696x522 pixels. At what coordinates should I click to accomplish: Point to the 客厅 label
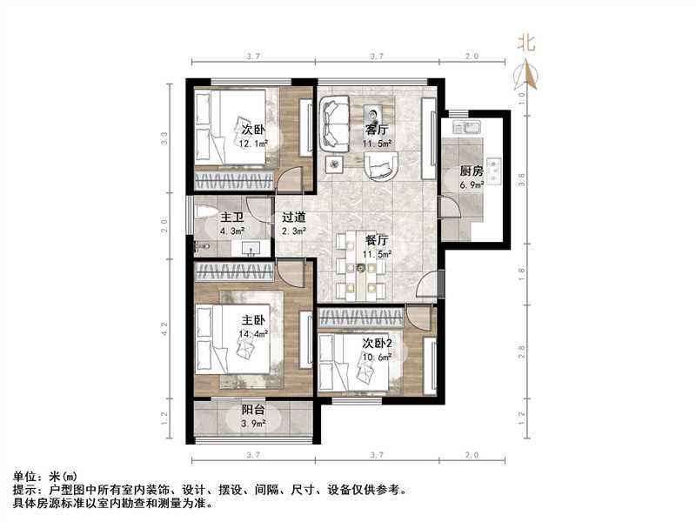(x=378, y=130)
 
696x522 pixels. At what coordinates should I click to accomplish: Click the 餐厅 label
(x=377, y=240)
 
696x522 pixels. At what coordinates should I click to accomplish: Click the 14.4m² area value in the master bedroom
(x=253, y=333)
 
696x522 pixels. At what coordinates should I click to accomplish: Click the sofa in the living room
(x=334, y=123)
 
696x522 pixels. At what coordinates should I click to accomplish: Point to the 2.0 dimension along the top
(x=471, y=56)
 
